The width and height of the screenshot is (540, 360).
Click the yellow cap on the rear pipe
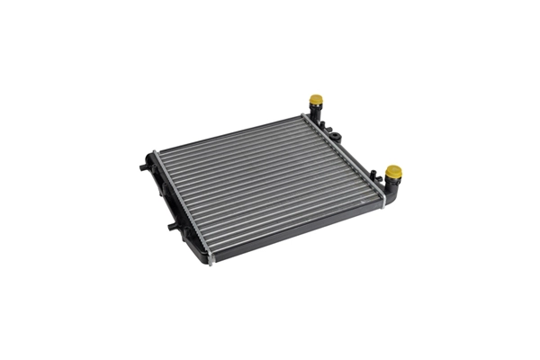tap(315, 100)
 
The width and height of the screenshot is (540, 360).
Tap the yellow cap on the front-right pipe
tap(392, 171)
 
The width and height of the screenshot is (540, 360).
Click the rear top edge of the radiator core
tap(229, 133)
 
